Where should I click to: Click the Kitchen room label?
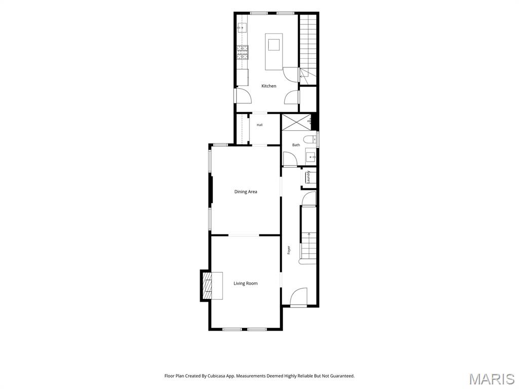(269, 86)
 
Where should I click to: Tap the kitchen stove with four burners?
(242, 52)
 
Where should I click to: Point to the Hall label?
(259, 125)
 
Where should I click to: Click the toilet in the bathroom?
(310, 139)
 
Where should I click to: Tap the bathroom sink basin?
(311, 157)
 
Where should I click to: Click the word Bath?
(296, 145)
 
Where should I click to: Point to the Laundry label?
(309, 177)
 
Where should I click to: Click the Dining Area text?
(246, 192)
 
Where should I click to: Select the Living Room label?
(246, 284)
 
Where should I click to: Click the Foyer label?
(288, 250)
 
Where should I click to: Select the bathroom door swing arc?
(290, 159)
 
